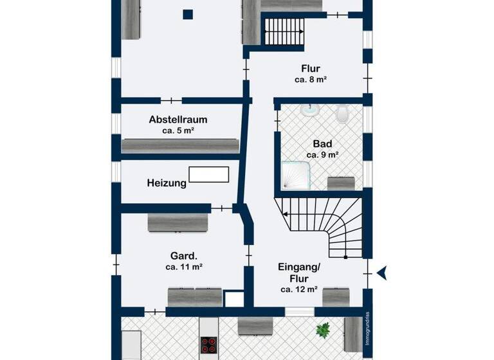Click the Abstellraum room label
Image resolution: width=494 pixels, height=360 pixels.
click(178, 119)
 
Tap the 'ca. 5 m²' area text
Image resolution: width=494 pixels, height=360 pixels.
click(178, 130)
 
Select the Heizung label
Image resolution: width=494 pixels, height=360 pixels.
click(166, 183)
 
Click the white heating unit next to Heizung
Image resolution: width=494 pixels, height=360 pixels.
click(209, 174)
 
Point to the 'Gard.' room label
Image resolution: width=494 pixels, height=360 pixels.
click(178, 254)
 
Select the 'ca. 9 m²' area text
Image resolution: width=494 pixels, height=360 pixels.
click(322, 155)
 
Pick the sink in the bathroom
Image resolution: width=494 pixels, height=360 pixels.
click(310, 109)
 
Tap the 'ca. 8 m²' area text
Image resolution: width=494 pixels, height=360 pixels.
click(311, 80)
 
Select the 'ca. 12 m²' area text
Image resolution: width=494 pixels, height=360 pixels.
click(299, 290)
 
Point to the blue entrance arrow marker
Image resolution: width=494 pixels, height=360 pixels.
click(382, 273)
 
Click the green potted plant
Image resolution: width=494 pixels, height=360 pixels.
click(322, 330)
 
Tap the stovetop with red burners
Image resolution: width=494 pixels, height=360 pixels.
click(210, 345)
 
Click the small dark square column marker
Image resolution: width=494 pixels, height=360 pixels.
click(187, 14)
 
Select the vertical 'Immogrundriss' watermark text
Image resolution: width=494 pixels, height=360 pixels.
click(367, 329)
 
